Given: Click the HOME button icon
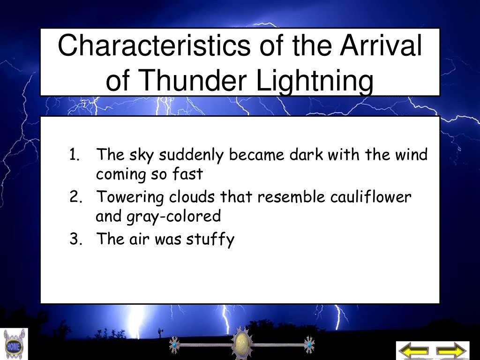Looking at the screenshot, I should point(14,345).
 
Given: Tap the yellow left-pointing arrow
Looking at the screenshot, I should point(414,351).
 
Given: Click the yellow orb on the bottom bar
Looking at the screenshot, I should point(242,344).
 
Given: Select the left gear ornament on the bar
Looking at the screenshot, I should point(174,345).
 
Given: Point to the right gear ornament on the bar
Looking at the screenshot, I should point(309,345).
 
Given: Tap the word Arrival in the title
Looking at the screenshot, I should point(381,46).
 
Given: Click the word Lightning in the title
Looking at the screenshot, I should point(315,80).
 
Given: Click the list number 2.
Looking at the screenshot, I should point(75,196).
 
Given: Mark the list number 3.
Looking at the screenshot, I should point(75,239).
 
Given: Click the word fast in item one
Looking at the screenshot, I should point(187,174).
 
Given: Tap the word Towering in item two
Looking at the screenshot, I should point(130,197).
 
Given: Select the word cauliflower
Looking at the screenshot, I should point(370,196).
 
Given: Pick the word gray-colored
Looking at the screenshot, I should point(174,217).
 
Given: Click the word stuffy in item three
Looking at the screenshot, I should point(210,240).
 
